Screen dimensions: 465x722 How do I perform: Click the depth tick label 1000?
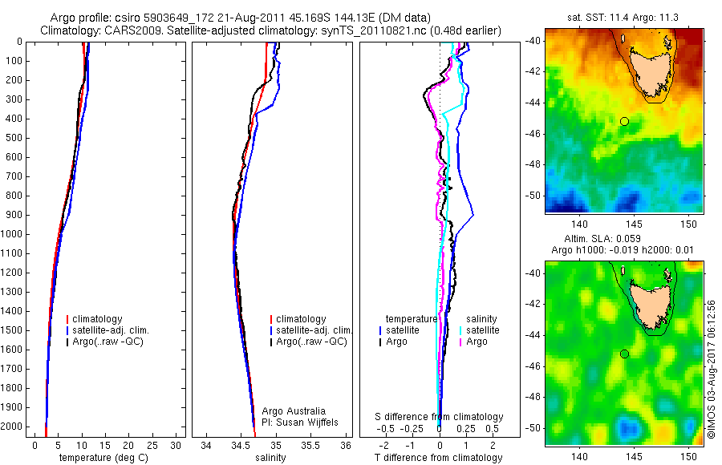[13, 234]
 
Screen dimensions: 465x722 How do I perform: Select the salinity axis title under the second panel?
[270, 458]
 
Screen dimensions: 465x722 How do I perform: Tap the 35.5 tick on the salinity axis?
[310, 445]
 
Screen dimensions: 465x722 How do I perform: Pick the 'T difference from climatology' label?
[438, 458]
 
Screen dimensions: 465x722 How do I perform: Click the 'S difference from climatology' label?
[440, 417]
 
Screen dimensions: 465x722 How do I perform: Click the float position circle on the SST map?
[624, 121]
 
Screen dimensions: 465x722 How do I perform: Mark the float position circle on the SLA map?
[624, 354]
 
